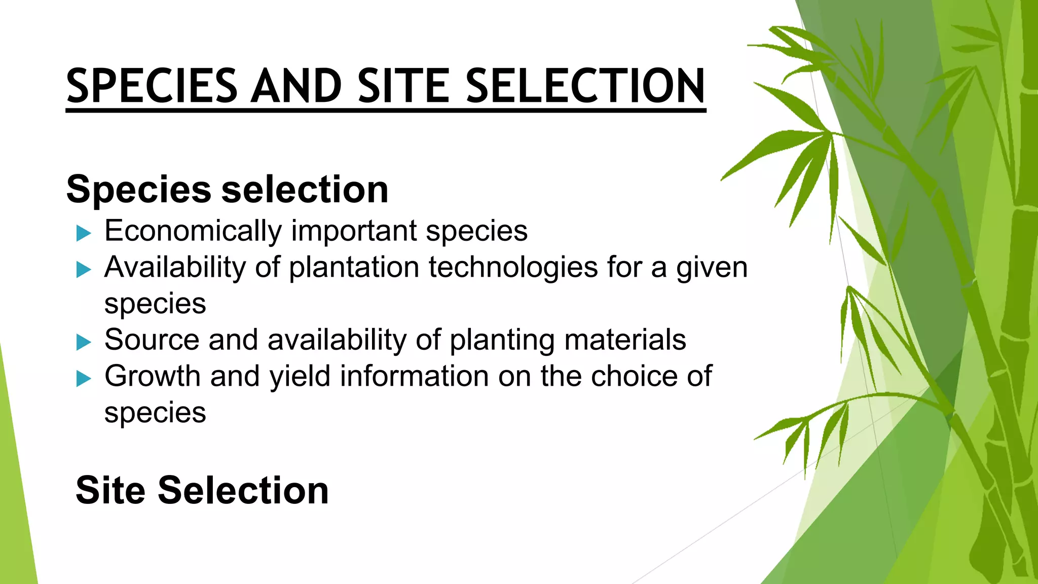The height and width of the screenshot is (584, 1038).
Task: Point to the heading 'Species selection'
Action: point(227,189)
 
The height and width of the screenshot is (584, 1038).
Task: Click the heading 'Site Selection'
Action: point(202,490)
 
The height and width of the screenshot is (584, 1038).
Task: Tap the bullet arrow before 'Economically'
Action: point(84,233)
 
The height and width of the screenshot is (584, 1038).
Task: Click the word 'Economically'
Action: point(193,231)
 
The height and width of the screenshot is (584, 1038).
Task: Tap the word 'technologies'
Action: point(513,267)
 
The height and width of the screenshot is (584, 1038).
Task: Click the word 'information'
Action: point(414,376)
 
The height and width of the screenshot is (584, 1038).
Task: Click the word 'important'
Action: point(353,232)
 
